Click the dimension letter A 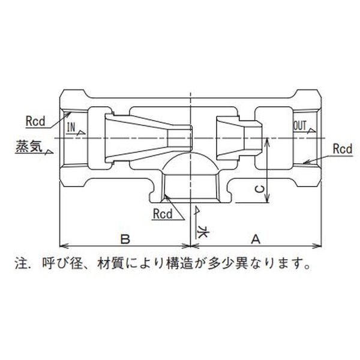pos(255,238)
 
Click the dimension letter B pos(125,238)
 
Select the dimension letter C pos(259,189)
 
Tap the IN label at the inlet pos(71,127)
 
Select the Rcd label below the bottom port pos(163,212)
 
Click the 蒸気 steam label pos(27,146)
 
